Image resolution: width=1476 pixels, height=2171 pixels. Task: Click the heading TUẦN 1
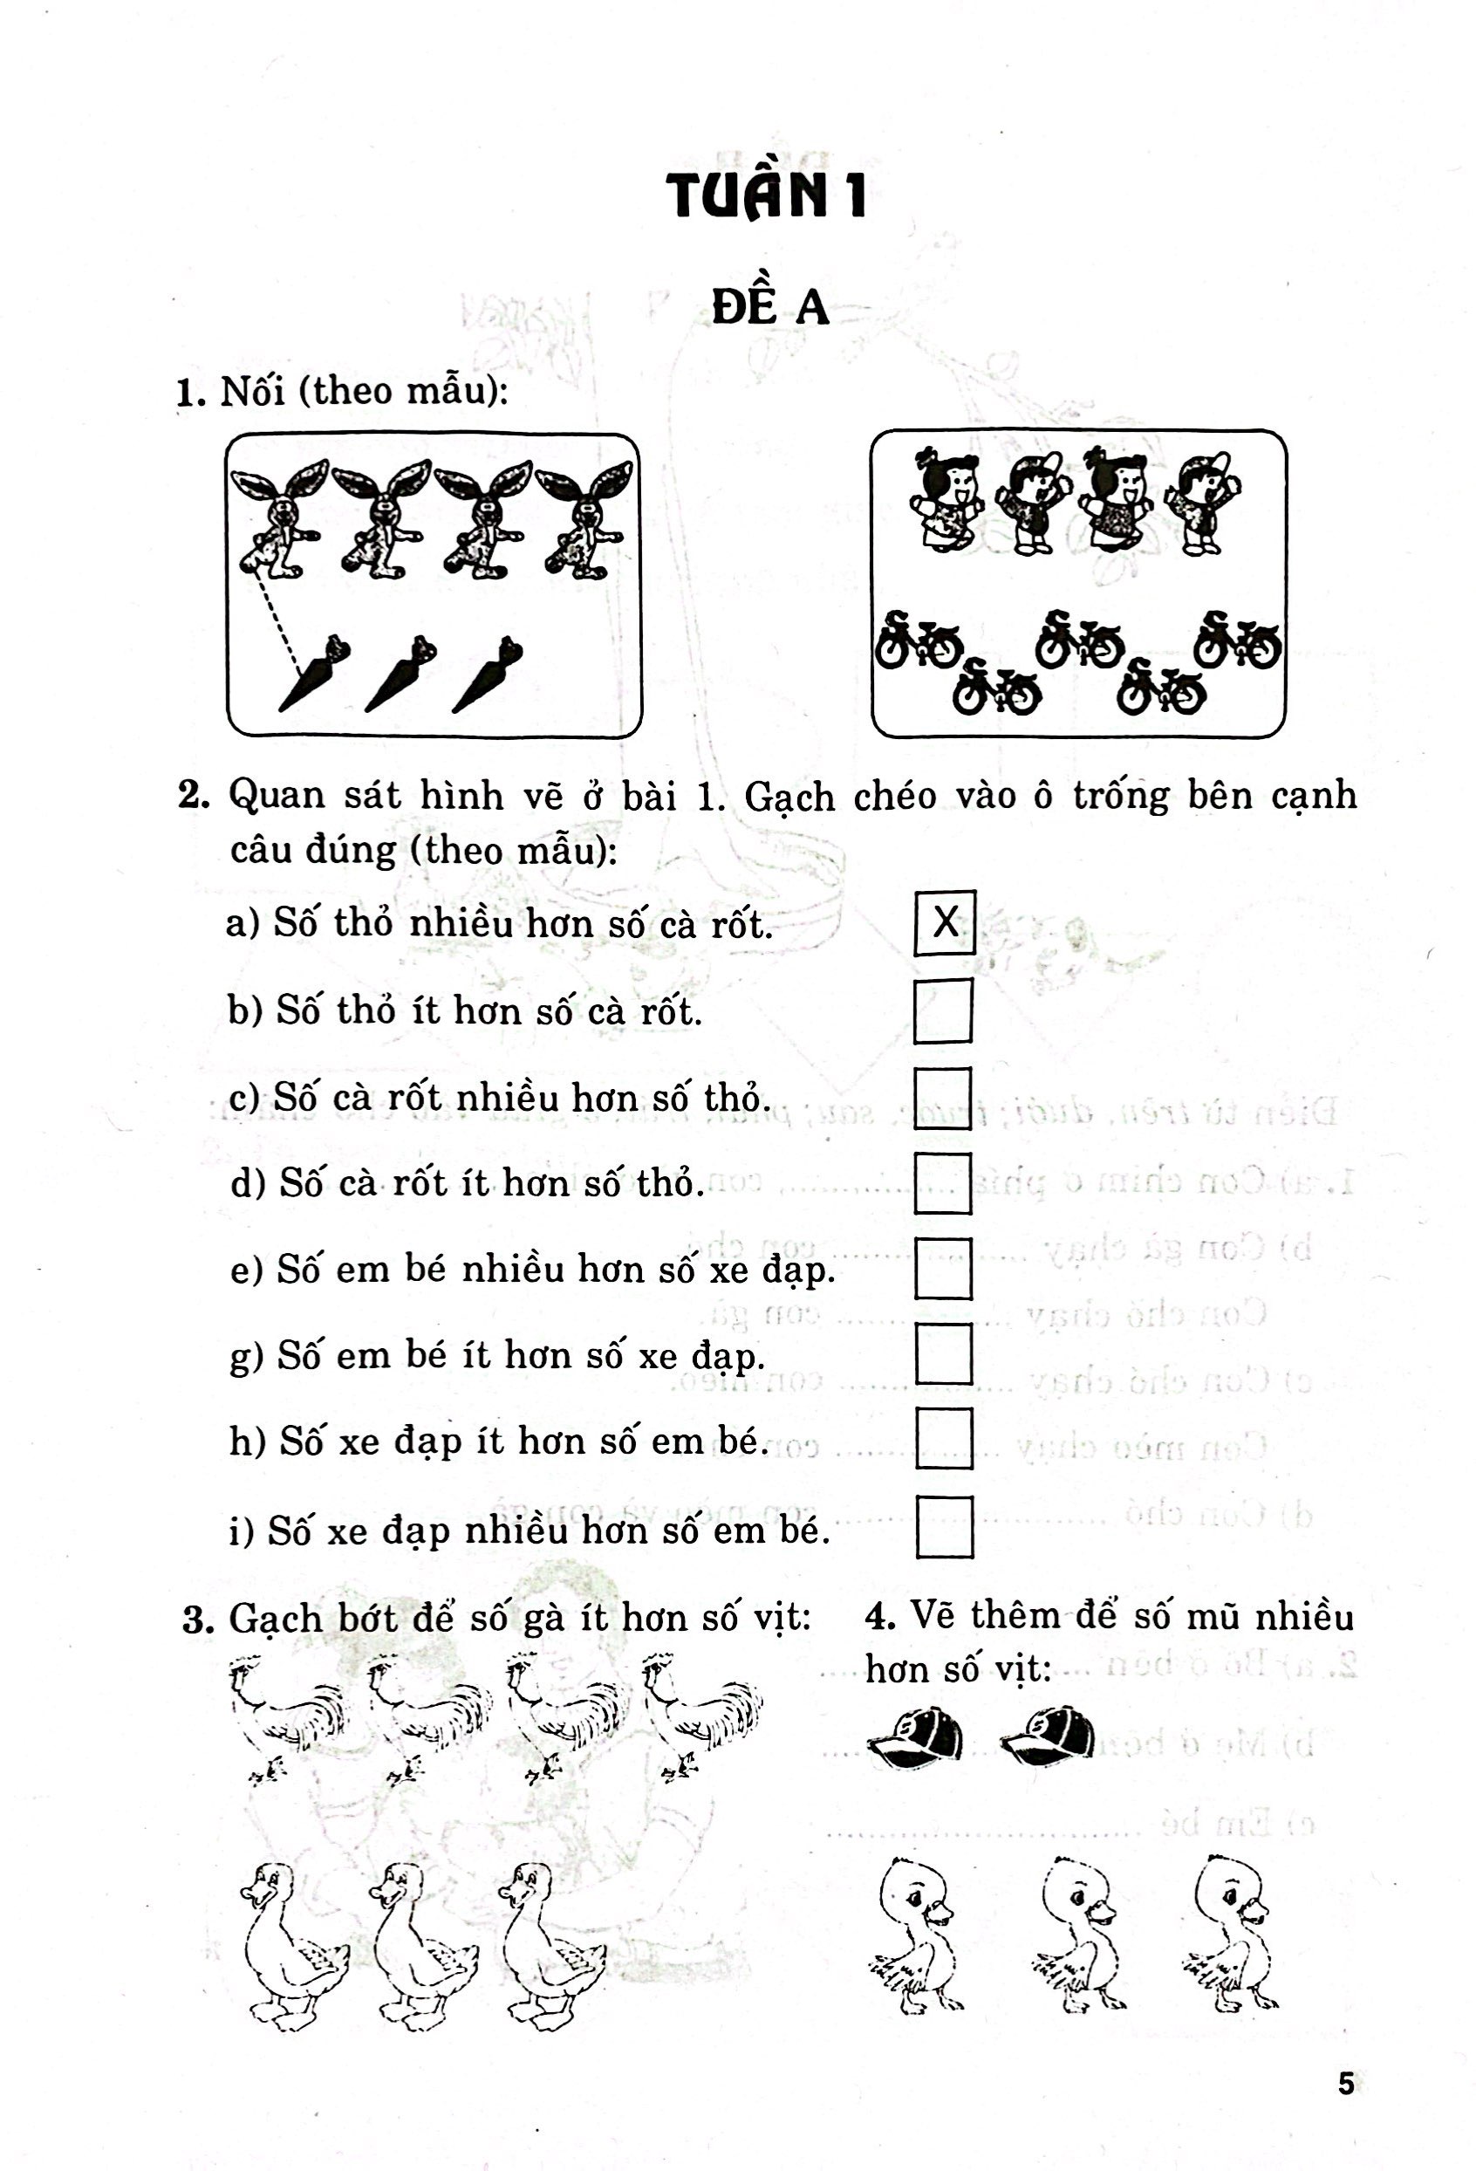click(x=766, y=195)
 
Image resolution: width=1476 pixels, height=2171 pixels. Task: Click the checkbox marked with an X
click(x=945, y=923)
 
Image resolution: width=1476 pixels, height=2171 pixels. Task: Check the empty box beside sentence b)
click(x=943, y=1010)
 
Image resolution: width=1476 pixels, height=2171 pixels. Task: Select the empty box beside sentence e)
click(x=944, y=1269)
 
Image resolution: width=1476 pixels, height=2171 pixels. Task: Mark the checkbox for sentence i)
click(x=945, y=1527)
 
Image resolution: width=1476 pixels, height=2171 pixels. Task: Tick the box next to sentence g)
click(x=944, y=1353)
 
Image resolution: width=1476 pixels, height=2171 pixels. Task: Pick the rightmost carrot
click(x=488, y=673)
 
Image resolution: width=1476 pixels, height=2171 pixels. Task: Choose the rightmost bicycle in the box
click(x=1238, y=641)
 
